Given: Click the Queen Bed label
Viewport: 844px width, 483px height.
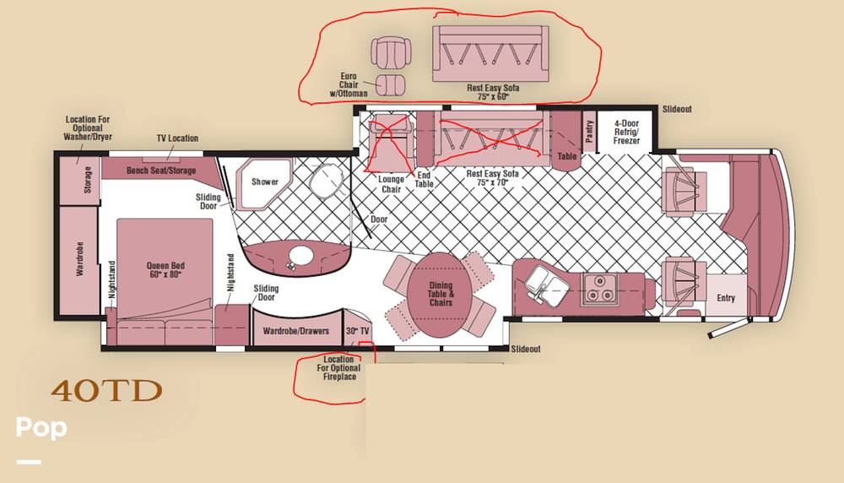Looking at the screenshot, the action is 165,269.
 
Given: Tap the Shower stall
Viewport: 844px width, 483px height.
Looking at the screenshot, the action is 263,183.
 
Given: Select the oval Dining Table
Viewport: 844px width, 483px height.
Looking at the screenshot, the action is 440,295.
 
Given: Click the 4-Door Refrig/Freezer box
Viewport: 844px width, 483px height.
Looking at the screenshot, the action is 626,131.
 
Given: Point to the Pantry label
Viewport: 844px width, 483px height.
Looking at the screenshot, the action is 589,132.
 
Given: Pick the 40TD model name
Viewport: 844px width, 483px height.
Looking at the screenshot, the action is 106,391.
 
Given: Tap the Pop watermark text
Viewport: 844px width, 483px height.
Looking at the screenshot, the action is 41,427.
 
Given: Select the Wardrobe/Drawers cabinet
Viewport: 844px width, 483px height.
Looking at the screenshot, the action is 296,328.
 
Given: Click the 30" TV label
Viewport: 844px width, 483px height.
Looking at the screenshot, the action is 357,331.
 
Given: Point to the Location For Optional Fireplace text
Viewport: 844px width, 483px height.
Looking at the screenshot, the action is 338,368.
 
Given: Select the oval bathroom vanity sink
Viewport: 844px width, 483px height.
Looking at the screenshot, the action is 300,257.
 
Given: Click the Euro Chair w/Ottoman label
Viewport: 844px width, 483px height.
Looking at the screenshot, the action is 349,84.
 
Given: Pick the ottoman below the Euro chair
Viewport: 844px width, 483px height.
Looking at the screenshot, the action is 390,85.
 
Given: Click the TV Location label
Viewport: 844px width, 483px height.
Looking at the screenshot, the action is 177,138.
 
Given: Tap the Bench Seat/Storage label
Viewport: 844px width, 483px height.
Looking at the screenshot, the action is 161,171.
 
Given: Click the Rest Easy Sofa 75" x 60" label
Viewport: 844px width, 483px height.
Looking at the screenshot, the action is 493,92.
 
